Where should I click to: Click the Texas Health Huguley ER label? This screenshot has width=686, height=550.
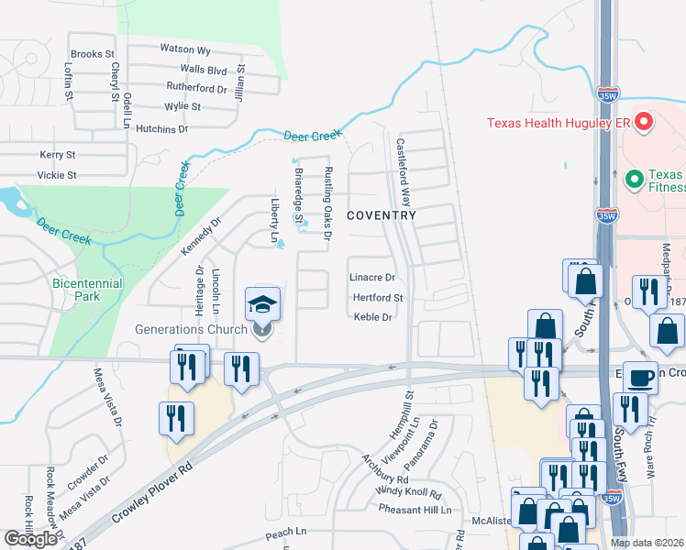pyautogui.click(x=559, y=122)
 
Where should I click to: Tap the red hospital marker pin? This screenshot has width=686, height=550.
pyautogui.click(x=644, y=121)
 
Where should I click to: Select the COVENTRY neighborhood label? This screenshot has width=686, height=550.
pyautogui.click(x=382, y=215)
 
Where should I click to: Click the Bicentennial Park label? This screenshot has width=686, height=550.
pyautogui.click(x=87, y=291)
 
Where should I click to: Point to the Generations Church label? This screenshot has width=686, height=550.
pyautogui.click(x=191, y=330)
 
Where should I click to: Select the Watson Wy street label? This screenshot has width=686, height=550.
pyautogui.click(x=185, y=49)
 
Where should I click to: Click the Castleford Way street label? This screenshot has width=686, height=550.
pyautogui.click(x=403, y=171)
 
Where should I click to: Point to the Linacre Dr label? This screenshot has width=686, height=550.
pyautogui.click(x=372, y=277)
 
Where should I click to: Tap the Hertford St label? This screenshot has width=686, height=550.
pyautogui.click(x=378, y=298)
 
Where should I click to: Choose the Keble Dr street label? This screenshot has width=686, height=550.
pyautogui.click(x=373, y=317)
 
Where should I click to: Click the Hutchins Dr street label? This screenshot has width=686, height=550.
pyautogui.click(x=161, y=129)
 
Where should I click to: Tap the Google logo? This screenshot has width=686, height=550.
pyautogui.click(x=30, y=539)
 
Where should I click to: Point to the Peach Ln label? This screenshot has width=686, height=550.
pyautogui.click(x=284, y=532)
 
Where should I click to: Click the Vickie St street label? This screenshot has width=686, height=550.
pyautogui.click(x=57, y=174)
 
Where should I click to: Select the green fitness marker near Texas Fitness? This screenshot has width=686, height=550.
pyautogui.click(x=631, y=178)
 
